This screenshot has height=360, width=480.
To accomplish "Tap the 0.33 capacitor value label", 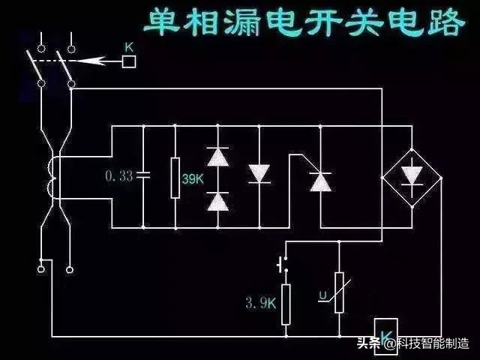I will [119, 176].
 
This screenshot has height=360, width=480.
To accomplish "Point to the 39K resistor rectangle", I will [175, 178].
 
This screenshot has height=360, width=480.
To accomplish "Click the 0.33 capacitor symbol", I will [142, 176].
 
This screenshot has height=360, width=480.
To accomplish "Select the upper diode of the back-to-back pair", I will [217, 157].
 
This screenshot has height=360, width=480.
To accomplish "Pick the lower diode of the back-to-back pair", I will [217, 200].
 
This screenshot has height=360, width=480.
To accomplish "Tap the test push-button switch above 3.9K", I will [282, 264].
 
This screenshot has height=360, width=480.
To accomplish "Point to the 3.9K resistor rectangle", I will [286, 304].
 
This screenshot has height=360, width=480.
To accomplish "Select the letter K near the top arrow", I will [128, 47].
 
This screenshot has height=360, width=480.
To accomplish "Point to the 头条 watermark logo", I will [369, 343].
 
